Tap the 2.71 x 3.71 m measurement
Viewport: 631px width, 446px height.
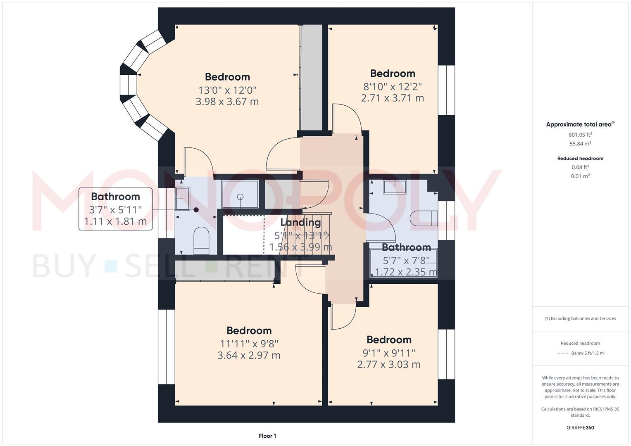[x=392, y=98]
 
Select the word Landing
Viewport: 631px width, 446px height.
[x=300, y=223]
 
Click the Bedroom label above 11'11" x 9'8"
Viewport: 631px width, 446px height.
[x=249, y=330]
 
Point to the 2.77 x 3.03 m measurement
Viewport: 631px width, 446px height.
[x=388, y=365]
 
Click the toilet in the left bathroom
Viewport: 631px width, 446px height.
[x=202, y=240]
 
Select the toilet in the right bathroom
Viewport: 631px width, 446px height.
[x=424, y=218]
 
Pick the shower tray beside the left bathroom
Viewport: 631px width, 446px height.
[x=240, y=194]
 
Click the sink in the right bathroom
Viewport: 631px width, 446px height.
[x=395, y=187]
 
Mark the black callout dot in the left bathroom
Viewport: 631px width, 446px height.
[x=196, y=210]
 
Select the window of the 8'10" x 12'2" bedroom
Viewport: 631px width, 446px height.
[x=446, y=90]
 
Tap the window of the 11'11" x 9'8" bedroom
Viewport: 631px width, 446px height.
[x=167, y=346]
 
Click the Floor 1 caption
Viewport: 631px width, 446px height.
[x=267, y=436]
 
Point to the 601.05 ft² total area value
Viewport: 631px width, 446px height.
[x=580, y=135]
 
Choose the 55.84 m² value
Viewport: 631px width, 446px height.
[x=580, y=144]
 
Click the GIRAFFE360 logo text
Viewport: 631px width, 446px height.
[x=580, y=428]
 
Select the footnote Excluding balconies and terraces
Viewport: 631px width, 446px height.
[x=580, y=318]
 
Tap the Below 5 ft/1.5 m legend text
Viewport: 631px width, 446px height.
[x=587, y=353]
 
